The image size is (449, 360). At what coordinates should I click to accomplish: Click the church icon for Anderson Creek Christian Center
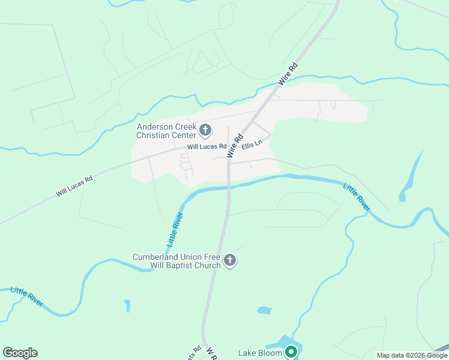pos(205,130)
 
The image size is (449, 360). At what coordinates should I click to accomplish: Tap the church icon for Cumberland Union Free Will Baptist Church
pos(230,260)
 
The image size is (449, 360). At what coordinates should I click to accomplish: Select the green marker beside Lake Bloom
pos(292,352)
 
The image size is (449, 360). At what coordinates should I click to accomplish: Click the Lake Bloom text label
pos(260,352)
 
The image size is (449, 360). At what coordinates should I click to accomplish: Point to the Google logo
pos(20,353)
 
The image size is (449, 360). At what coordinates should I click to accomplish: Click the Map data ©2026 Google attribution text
pos(412,355)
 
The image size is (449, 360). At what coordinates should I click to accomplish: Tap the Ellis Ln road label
pos(252,145)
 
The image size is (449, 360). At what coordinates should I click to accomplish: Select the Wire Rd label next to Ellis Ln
pos(234,146)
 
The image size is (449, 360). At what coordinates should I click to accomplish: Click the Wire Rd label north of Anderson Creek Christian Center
pos(288,73)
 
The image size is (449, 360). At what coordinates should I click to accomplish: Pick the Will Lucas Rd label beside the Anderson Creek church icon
pos(206,146)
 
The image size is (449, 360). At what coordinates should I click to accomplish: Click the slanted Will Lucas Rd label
pos(74,186)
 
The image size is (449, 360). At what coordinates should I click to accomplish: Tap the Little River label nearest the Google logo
pos(28,297)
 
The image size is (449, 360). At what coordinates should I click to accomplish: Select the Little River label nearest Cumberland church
pos(175,229)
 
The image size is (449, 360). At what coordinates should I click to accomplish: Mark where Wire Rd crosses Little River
pos(228,185)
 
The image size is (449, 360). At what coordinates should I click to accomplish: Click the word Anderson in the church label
pos(154,127)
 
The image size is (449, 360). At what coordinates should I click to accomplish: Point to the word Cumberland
pos(155,257)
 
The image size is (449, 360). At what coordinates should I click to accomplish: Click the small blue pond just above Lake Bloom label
pos(264,310)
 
